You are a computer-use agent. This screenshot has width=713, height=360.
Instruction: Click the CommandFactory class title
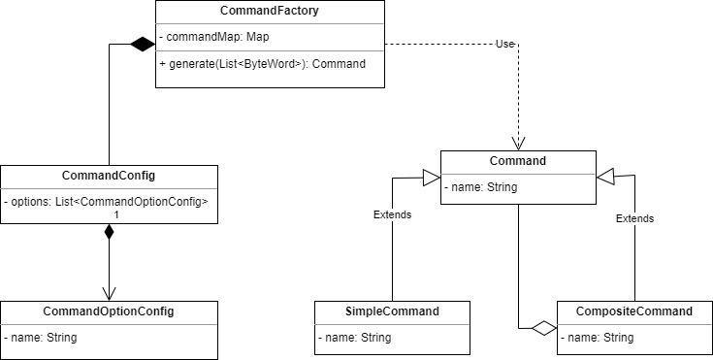(x=269, y=13)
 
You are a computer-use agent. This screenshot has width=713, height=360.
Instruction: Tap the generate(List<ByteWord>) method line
(x=262, y=64)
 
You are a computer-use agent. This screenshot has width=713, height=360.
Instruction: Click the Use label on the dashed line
(x=504, y=44)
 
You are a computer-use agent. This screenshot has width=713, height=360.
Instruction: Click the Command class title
(x=518, y=161)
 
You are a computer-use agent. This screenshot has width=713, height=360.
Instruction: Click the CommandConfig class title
(x=109, y=176)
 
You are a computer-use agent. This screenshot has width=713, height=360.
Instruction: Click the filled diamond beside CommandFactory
(x=141, y=44)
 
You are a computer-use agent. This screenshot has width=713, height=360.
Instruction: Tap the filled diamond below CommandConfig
(x=109, y=233)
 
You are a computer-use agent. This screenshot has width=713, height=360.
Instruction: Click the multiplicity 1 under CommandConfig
(x=117, y=213)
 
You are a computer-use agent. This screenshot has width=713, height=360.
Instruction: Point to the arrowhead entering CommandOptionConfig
(x=109, y=293)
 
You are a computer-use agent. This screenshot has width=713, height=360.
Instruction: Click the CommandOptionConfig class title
(x=109, y=311)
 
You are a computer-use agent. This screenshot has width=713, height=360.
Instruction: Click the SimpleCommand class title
(x=392, y=311)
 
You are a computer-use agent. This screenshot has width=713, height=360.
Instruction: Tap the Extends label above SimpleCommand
(x=392, y=214)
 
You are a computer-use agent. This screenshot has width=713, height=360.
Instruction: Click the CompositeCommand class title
(x=634, y=311)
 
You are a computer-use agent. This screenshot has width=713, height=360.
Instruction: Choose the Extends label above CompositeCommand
(x=634, y=218)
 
